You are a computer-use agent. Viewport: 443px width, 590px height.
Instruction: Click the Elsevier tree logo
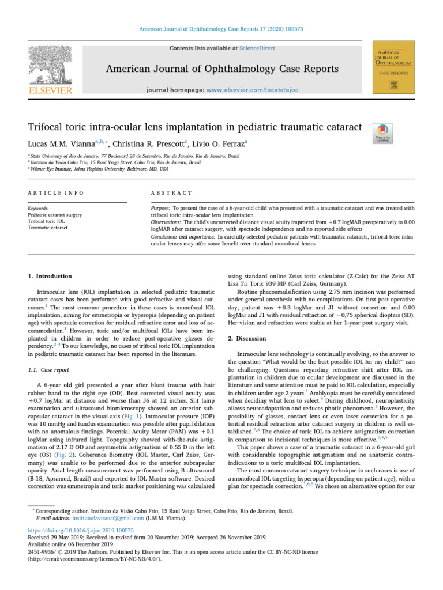click(51, 65)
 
